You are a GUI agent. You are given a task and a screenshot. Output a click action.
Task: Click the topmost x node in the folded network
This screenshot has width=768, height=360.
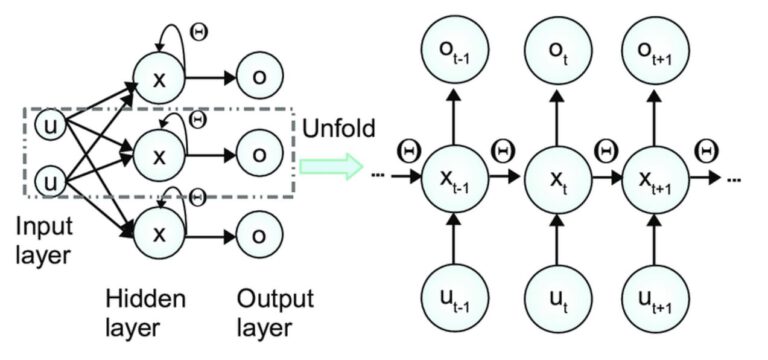pos(157,76)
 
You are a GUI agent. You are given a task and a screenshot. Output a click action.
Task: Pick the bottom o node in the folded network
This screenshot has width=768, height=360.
pos(259,234)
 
